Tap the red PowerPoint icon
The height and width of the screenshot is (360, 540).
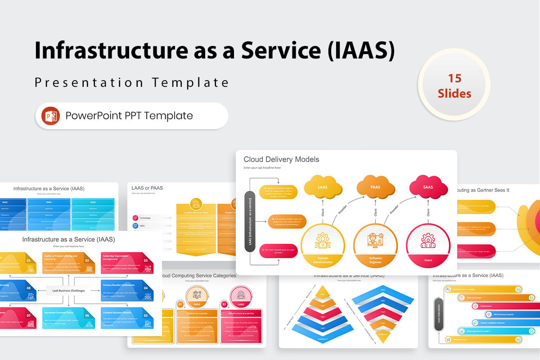50,116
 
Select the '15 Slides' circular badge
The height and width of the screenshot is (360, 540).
454,85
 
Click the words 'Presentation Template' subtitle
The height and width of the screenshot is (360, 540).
132,83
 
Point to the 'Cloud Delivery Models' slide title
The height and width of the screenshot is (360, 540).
281,159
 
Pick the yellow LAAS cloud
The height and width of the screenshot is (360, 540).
323,186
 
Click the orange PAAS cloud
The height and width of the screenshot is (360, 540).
375,186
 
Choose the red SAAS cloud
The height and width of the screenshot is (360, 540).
428,186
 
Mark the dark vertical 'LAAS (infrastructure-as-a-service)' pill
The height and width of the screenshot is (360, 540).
251,221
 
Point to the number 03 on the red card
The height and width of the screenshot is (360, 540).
146,260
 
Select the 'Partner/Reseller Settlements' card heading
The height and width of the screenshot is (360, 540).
118,285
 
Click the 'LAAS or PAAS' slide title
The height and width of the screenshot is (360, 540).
147,188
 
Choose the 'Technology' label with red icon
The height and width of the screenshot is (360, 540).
145,218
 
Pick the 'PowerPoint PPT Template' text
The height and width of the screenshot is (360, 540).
129,116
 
